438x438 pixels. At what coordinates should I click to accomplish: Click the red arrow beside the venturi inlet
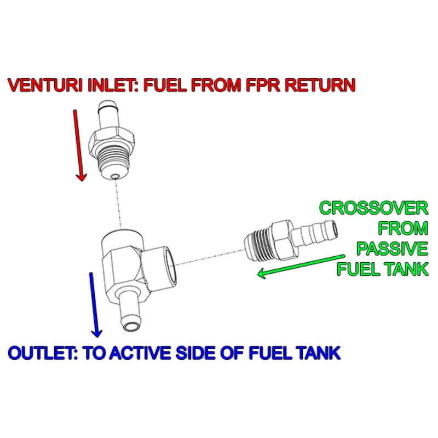pos(78,145)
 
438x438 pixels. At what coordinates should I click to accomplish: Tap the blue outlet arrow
pos(94,304)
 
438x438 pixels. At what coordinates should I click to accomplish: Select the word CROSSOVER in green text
pos(373,209)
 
